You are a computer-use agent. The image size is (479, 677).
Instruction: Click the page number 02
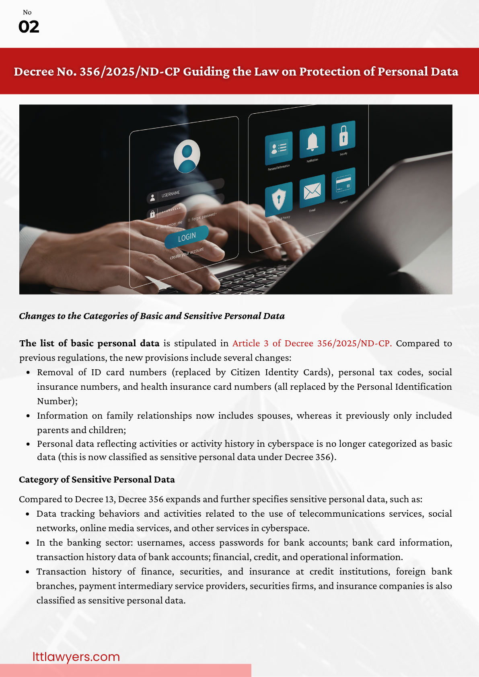[29, 27]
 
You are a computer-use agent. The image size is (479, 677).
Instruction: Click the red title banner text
[236, 72]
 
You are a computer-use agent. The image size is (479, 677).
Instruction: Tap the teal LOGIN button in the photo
[187, 237]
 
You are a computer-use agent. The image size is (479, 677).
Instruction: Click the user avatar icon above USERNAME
[187, 156]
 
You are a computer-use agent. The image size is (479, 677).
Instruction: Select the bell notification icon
[312, 142]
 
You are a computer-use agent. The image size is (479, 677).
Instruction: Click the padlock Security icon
[343, 135]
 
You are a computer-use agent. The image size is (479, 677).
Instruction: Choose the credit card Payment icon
[343, 184]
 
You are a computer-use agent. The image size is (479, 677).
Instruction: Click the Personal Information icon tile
[278, 148]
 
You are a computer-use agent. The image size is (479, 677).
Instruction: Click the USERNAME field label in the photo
[171, 194]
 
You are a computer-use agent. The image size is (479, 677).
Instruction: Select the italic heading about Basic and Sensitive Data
[152, 316]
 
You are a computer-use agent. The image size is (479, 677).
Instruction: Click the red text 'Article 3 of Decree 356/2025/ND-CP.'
[312, 344]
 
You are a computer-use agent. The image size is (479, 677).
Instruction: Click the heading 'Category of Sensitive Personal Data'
[97, 480]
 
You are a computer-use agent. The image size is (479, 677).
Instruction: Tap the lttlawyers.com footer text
[76, 657]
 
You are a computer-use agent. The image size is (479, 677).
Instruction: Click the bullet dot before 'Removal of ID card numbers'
[28, 372]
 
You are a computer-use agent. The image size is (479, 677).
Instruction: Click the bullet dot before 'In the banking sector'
[27, 543]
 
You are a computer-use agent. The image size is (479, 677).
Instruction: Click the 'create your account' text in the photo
[187, 253]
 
